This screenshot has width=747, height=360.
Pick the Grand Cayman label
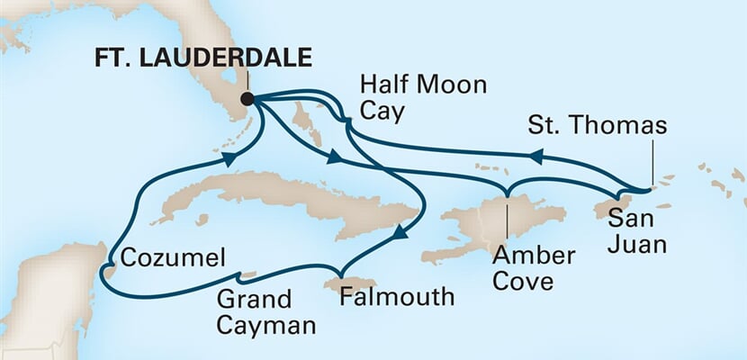pyautogui.click(x=270, y=311)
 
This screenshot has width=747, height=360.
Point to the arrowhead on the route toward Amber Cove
pyautogui.click(x=334, y=159)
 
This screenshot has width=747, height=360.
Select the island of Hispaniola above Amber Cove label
pyautogui.click(x=486, y=220)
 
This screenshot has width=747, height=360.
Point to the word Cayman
pyautogui.click(x=275, y=325)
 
